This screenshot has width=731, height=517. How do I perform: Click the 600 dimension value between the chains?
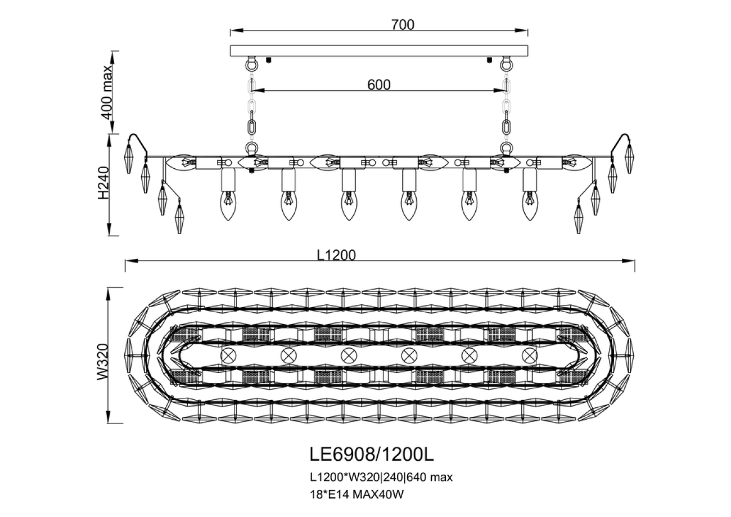tap(378, 84)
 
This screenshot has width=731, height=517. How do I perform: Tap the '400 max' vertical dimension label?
tap(106, 92)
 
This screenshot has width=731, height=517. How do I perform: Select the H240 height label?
tap(102, 183)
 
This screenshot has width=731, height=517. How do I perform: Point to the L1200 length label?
tap(336, 255)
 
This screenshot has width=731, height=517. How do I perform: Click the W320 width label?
tap(102, 361)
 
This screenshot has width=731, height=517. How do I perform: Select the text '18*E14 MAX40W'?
tap(357, 494)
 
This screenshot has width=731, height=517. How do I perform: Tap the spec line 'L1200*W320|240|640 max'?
tap(381, 478)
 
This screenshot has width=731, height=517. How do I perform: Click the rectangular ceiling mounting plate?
tap(379, 51)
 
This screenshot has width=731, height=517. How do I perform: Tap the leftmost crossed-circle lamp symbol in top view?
tap(228, 356)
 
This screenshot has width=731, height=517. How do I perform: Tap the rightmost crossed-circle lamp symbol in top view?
tap(529, 356)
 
